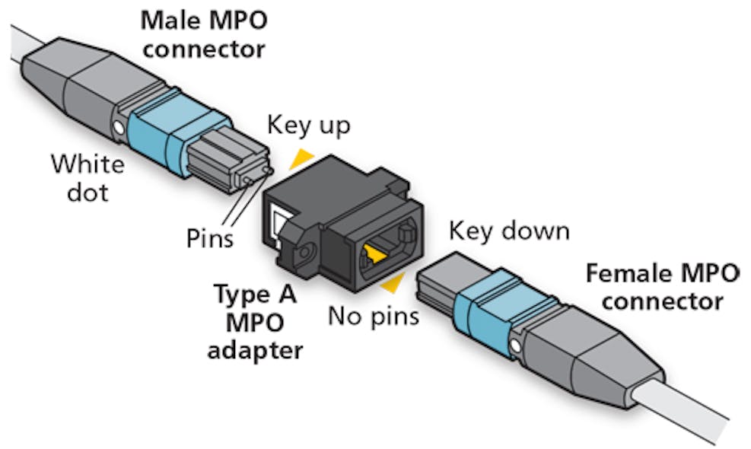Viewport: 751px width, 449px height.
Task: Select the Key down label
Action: [x=508, y=230]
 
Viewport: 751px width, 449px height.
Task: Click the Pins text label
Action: [x=210, y=239]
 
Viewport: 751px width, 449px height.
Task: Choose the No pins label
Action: [x=373, y=315]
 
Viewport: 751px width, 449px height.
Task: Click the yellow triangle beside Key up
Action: [x=303, y=158]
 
